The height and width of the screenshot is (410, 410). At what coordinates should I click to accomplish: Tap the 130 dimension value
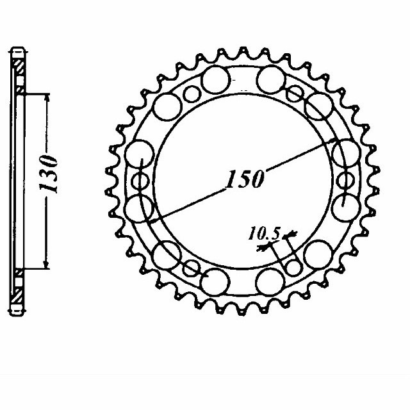coord(48,174)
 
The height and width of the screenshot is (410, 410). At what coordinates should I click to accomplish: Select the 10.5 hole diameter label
coord(264,234)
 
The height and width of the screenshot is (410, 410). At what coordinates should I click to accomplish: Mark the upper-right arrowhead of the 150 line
coord(334,142)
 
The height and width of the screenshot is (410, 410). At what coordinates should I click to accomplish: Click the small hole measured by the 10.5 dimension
coord(293,266)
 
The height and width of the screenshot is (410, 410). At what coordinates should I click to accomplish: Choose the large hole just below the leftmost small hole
coord(140,208)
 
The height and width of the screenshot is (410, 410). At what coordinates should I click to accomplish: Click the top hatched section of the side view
coord(19,65)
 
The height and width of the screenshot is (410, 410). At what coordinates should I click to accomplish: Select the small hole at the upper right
coord(293,94)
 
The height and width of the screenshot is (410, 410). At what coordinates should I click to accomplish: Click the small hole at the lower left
coord(191,266)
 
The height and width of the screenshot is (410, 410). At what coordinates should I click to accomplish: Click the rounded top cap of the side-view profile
coord(19,49)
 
